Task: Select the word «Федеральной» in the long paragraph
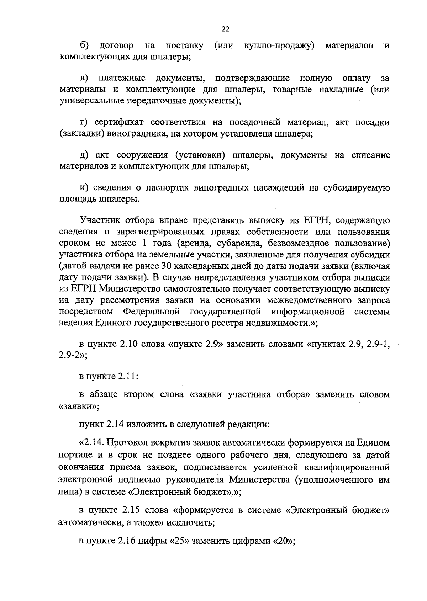click(x=151, y=312)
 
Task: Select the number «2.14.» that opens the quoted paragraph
click(x=93, y=443)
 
